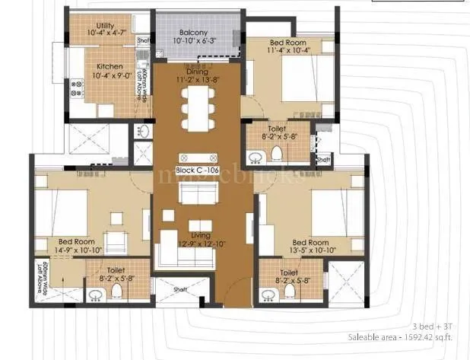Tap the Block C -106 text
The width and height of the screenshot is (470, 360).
(197, 171)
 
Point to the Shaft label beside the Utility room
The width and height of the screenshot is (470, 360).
(143, 40)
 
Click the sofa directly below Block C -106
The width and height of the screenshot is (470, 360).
(195, 193)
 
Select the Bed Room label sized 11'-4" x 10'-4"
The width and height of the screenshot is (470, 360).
(289, 43)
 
